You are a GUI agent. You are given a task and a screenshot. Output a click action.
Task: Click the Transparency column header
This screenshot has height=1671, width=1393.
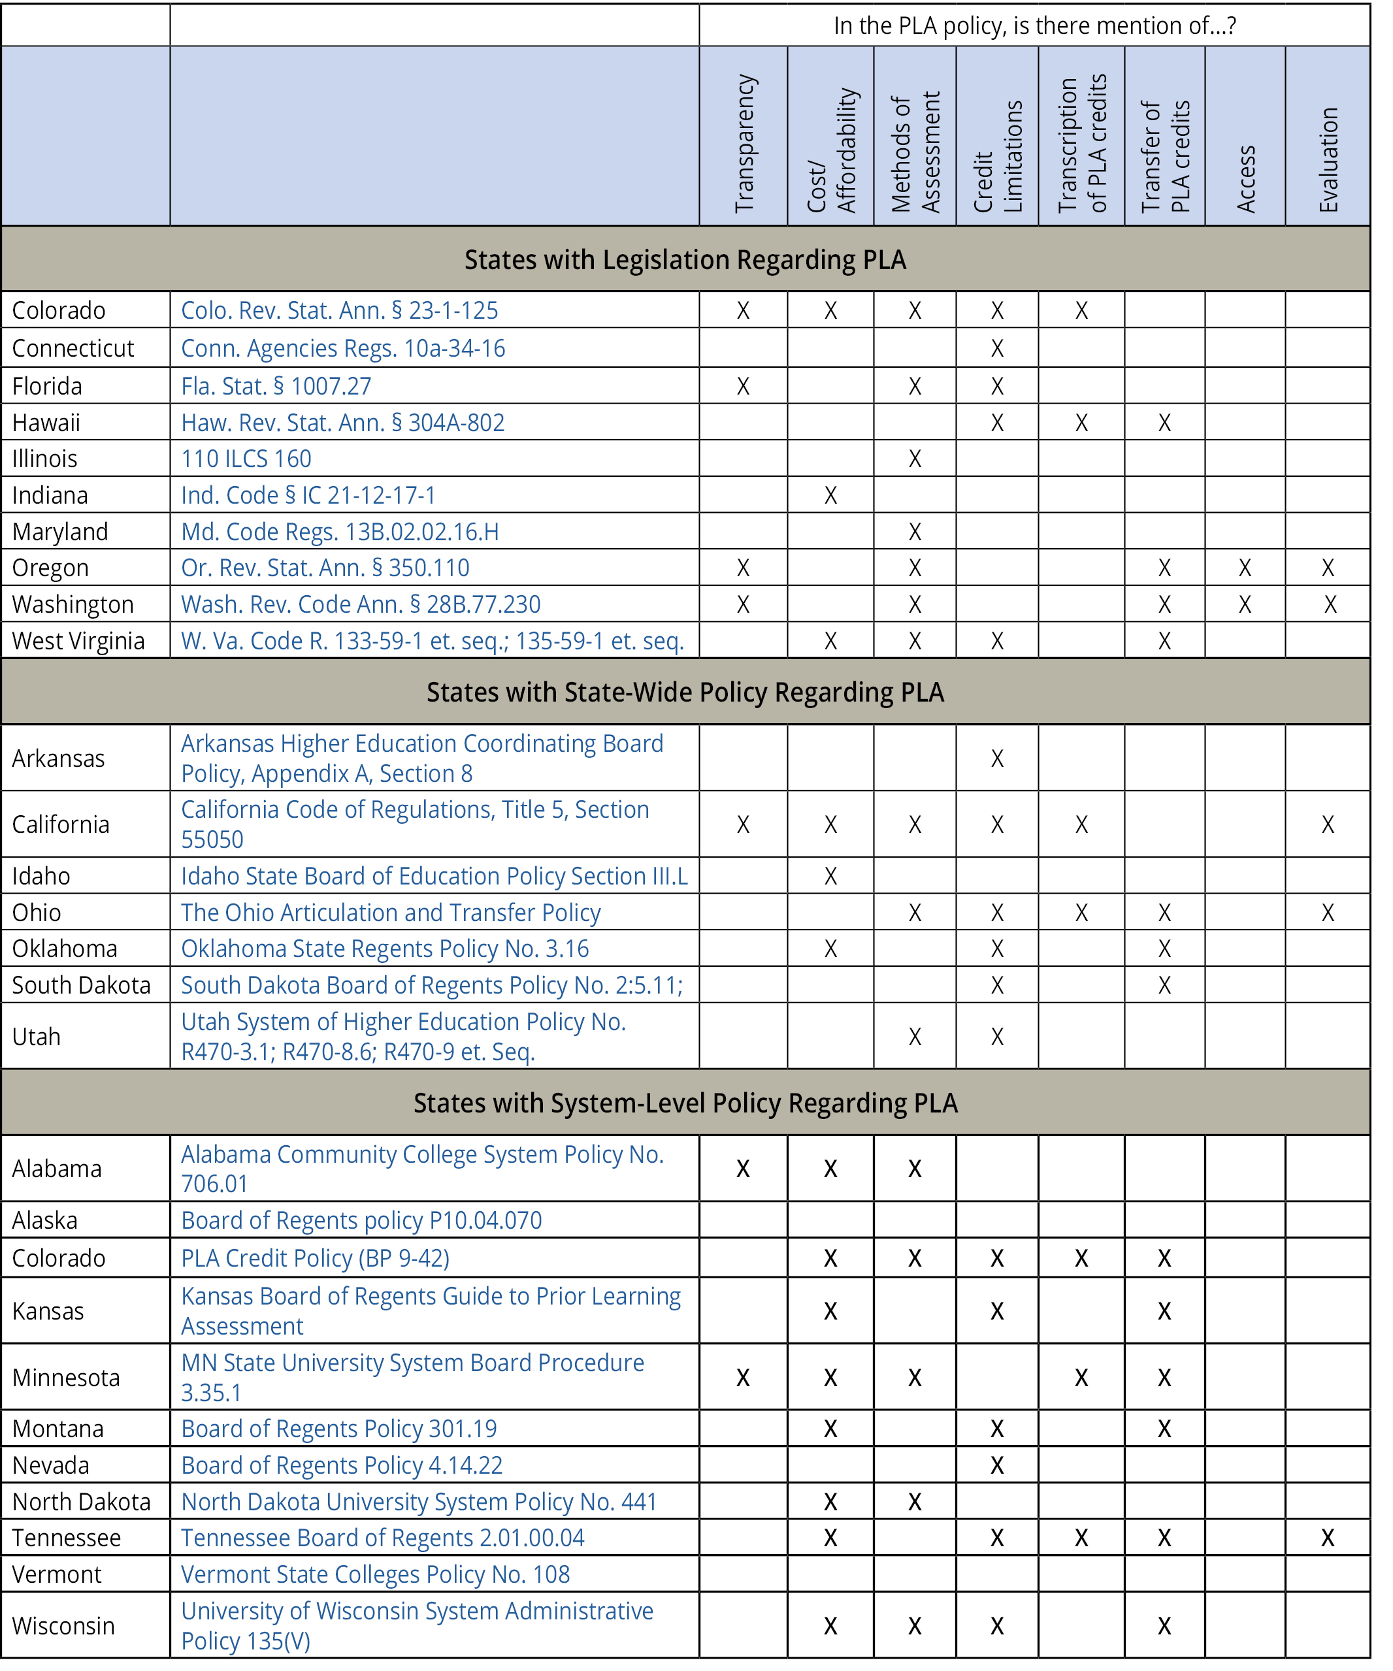(x=744, y=143)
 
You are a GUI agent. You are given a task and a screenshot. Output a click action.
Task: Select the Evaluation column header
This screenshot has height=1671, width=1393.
(x=1328, y=159)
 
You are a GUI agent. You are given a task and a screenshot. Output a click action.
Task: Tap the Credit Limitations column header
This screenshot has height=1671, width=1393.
(x=998, y=156)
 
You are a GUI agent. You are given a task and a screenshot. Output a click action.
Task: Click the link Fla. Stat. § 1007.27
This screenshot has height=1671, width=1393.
(x=276, y=386)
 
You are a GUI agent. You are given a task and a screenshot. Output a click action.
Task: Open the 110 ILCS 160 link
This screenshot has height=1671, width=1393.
(x=246, y=459)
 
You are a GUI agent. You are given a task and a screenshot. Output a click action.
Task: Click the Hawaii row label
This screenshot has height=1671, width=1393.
(x=46, y=423)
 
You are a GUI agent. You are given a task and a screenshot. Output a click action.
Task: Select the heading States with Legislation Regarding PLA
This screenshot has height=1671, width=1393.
(x=685, y=259)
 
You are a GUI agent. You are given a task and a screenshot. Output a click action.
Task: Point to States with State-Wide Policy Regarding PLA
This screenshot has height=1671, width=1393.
(x=685, y=692)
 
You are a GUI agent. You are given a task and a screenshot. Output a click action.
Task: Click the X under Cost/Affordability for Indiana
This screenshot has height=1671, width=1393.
(x=830, y=495)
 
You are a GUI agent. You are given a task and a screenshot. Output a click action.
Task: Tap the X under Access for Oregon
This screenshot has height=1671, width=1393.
(x=1245, y=568)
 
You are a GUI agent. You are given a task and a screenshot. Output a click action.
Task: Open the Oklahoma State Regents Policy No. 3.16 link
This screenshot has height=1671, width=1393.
(x=385, y=949)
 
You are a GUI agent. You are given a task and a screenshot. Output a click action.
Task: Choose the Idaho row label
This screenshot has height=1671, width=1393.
(x=41, y=876)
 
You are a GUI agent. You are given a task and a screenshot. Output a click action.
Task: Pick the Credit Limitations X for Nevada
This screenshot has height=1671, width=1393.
(x=998, y=1465)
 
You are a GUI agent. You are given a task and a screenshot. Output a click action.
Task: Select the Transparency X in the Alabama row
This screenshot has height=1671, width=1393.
(x=743, y=1169)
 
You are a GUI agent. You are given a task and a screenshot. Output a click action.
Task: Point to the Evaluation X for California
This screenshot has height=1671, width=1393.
(x=1328, y=824)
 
